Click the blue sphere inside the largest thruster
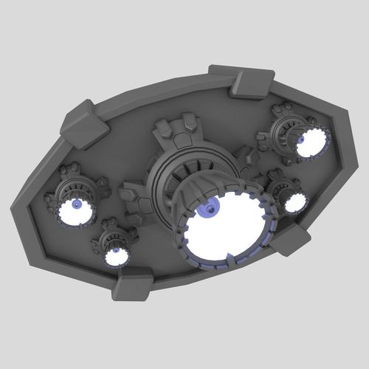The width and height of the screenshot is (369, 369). click(211, 210)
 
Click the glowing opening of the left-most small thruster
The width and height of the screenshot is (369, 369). click(76, 213)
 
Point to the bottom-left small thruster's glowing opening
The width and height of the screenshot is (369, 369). click(115, 255)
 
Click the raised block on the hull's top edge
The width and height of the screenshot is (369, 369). click(251, 82)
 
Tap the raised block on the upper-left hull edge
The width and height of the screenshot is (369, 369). click(84, 125)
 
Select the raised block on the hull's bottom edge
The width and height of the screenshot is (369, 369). click(133, 283)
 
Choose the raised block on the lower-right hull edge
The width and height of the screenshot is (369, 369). click(292, 240)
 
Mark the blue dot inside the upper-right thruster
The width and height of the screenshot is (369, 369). click(302, 138)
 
